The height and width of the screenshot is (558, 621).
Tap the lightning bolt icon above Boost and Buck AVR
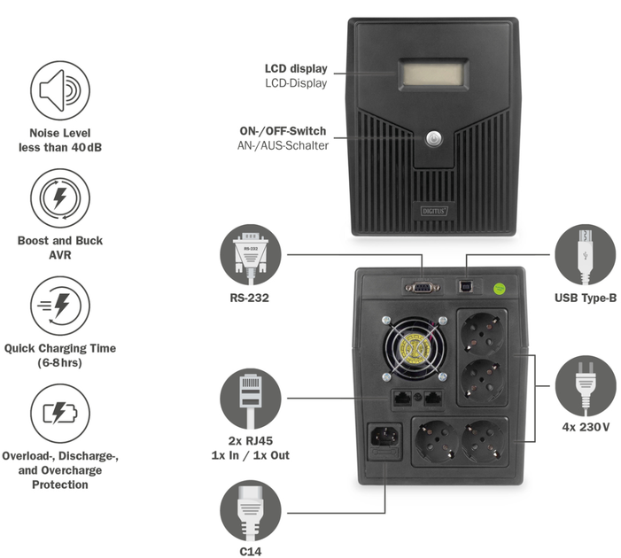pyautogui.click(x=59, y=198)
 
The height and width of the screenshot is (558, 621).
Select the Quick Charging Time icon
pyautogui.click(x=59, y=306)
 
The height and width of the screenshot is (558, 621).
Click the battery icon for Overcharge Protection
pyautogui.click(x=59, y=414)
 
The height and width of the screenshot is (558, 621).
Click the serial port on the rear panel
pyautogui.click(x=420, y=286)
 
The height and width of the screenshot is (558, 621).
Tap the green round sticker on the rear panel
pyautogui.click(x=499, y=287)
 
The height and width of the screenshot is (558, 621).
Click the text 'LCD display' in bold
pyautogui.click(x=296, y=68)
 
